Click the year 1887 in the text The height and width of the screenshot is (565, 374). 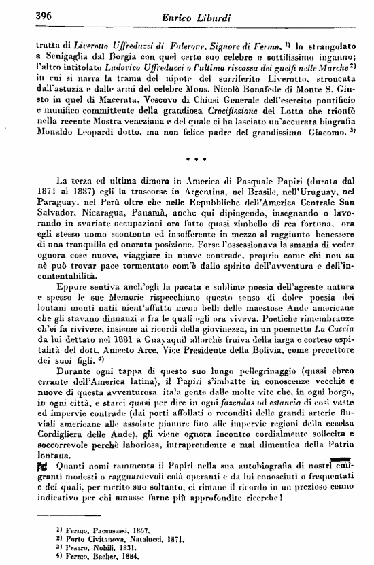[x=73, y=193]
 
